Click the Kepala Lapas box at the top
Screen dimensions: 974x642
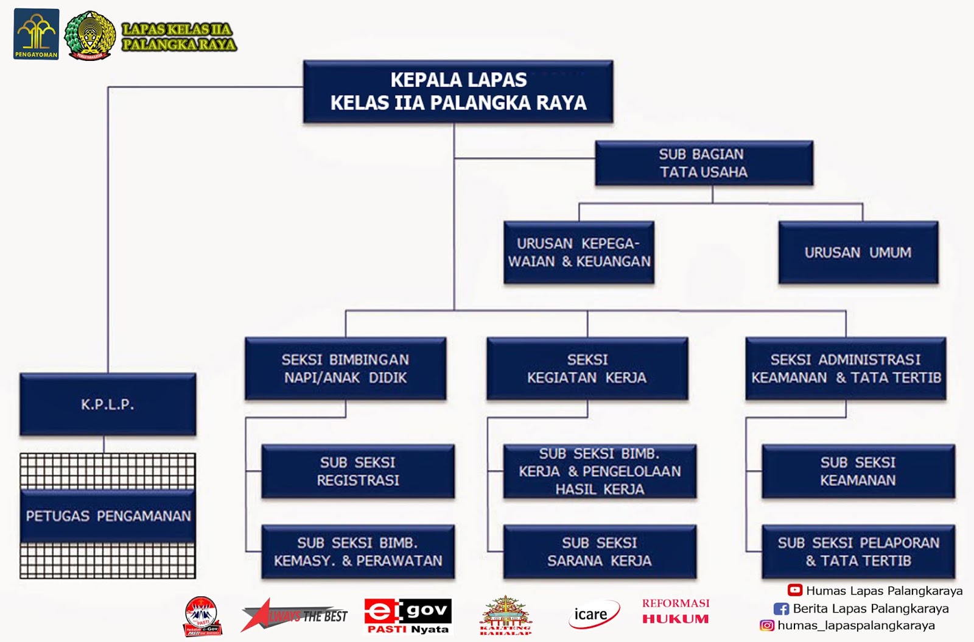(458, 91)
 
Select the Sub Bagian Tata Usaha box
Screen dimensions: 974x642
(704, 163)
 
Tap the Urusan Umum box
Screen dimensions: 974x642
(858, 253)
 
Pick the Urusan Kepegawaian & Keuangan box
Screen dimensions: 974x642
(579, 253)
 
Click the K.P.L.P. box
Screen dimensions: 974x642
(108, 404)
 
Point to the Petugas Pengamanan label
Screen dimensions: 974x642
(108, 516)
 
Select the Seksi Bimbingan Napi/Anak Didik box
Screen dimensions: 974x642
(345, 369)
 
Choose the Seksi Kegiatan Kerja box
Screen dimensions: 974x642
(587, 369)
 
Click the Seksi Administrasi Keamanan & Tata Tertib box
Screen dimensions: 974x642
(846, 369)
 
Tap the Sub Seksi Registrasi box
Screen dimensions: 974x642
(358, 471)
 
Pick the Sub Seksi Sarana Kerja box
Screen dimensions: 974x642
(599, 552)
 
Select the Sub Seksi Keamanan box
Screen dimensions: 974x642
(858, 471)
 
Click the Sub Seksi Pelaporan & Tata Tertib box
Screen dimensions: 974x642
(858, 552)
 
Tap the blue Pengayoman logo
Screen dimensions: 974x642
(36, 34)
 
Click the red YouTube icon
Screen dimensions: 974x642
(794, 590)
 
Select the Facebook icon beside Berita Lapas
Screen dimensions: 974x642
(781, 608)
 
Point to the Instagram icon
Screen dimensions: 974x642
(767, 626)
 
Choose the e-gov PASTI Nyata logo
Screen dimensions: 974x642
(408, 615)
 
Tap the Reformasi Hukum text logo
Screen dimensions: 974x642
(675, 612)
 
